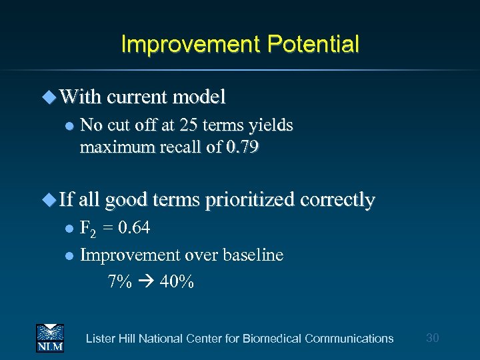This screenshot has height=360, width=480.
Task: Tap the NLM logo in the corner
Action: point(49,337)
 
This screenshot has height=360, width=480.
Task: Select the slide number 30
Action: point(432,338)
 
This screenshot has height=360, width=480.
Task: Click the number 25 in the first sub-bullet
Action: point(186,125)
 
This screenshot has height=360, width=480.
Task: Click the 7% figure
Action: point(120,282)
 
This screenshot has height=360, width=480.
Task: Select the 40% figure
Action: point(177,282)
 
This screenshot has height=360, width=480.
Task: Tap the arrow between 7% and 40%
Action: point(147,282)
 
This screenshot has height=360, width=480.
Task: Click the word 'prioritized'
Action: point(248,200)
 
